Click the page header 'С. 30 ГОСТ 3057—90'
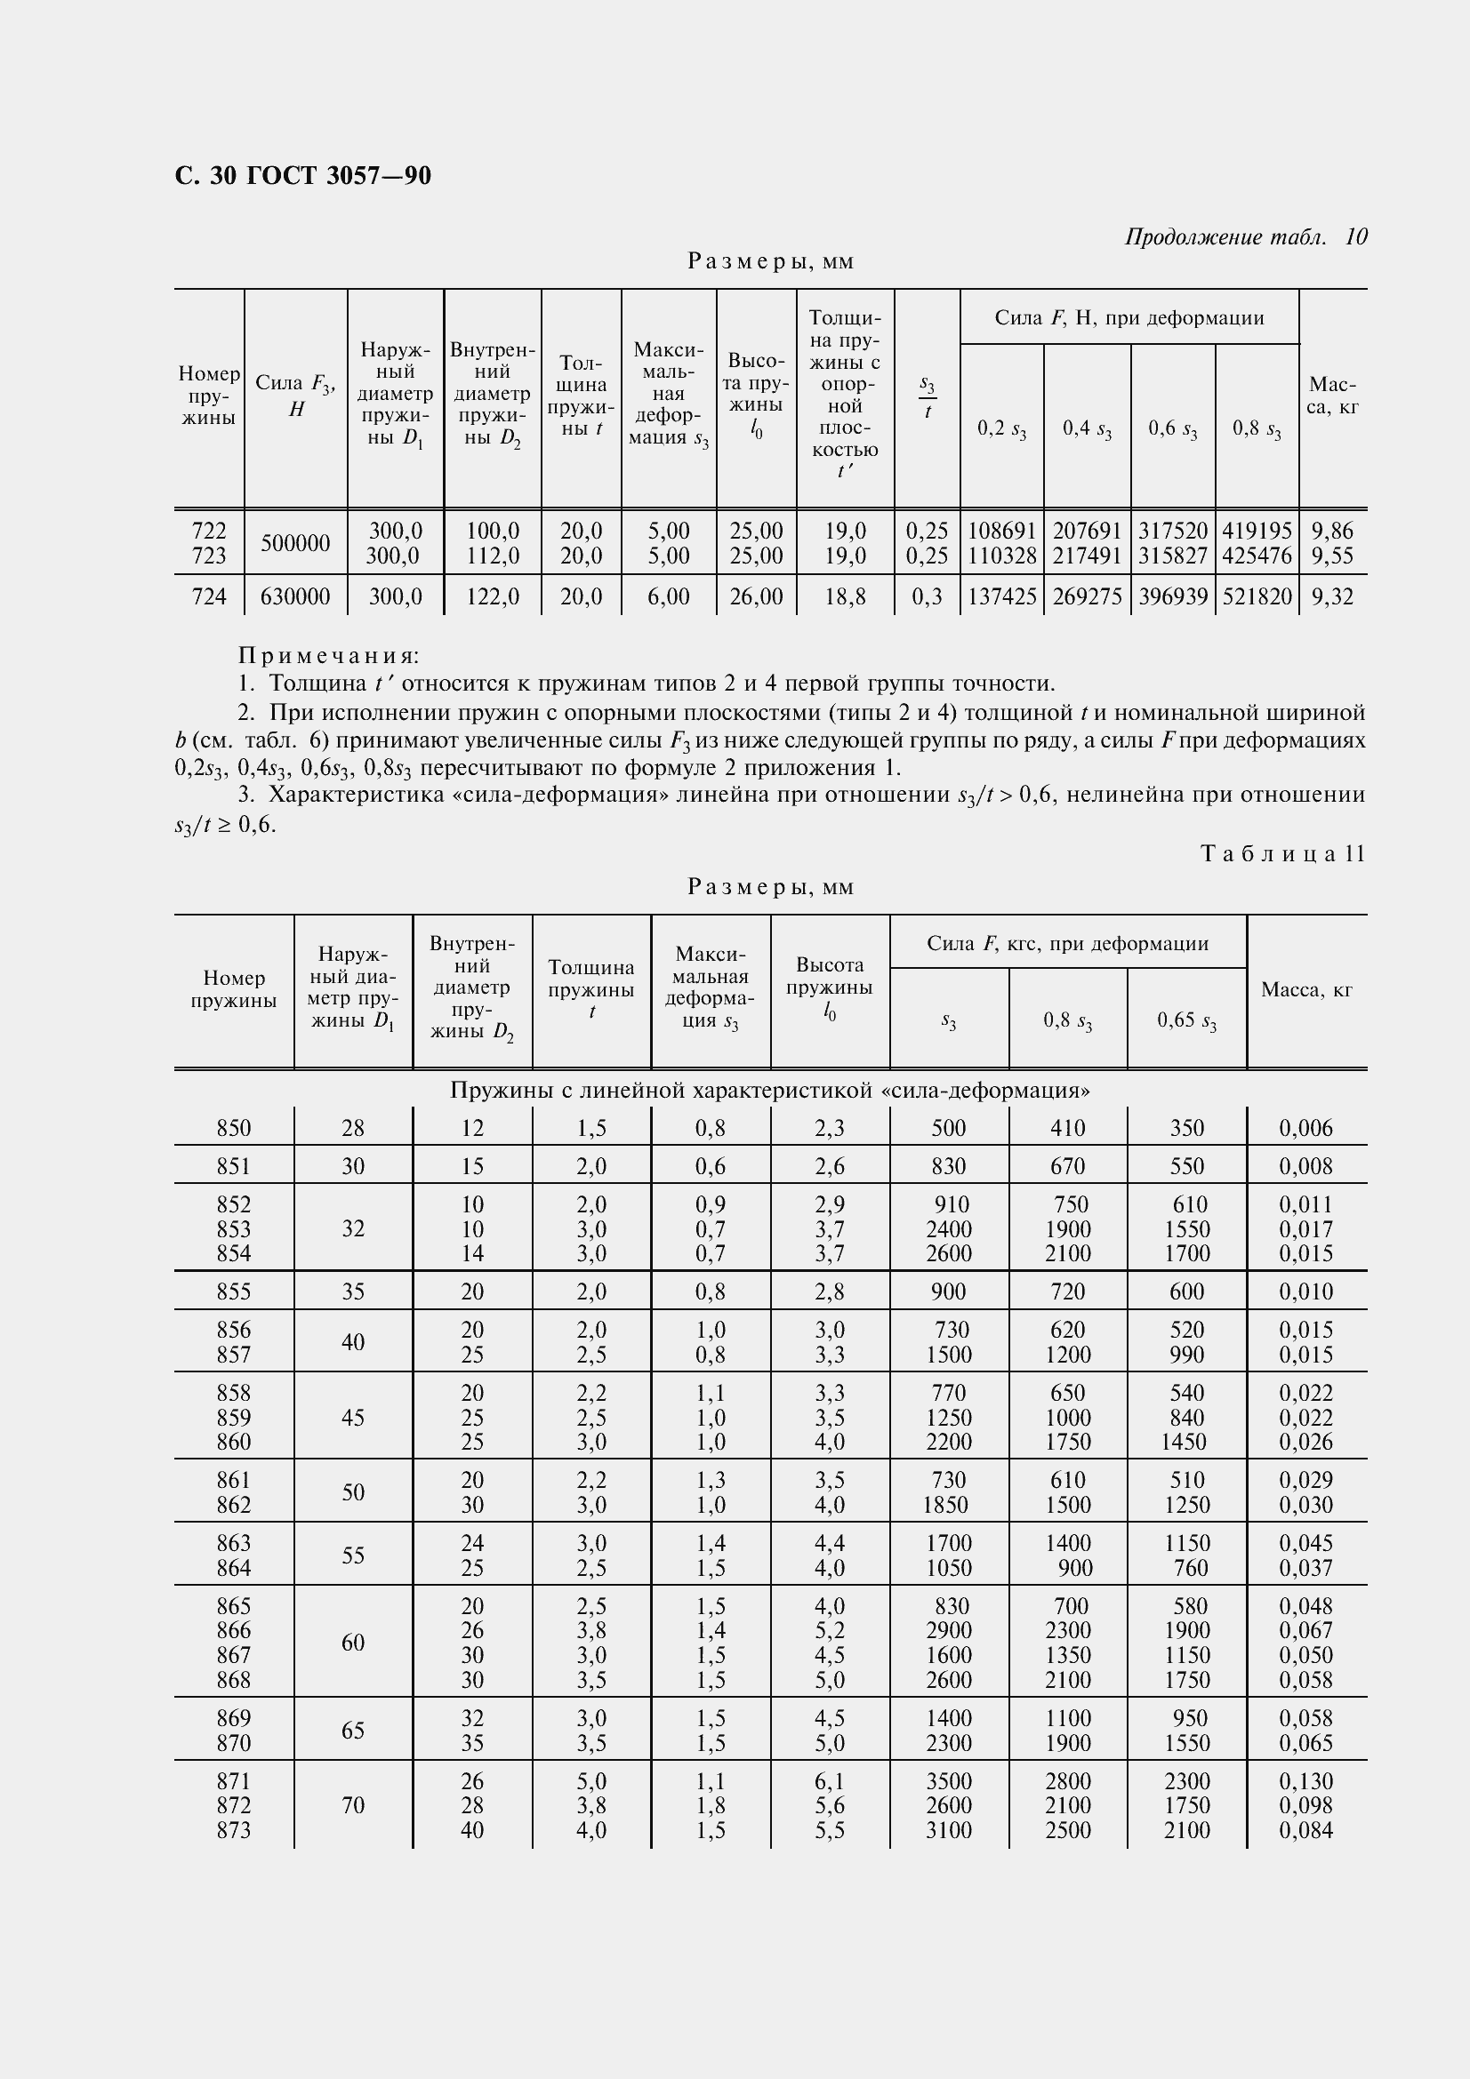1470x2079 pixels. pos(302,176)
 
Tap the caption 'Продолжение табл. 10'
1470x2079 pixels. pos(1245,237)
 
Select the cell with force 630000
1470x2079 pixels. pos(295,596)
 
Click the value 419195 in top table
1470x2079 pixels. pos(1257,531)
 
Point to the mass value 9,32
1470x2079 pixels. pos(1332,596)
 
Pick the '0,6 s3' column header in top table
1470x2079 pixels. pos(1172,429)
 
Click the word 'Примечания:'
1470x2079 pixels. pos(329,656)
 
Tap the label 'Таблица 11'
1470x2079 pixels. pos(1282,854)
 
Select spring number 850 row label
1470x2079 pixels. pos(234,1128)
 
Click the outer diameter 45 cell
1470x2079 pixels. pos(353,1417)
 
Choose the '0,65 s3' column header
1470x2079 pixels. pos(1186,1021)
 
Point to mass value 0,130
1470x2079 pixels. pos(1306,1781)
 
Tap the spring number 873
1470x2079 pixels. pos(234,1830)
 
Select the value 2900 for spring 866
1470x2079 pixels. pos(948,1630)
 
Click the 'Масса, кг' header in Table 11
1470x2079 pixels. pos(1306,990)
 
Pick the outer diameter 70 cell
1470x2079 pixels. pos(353,1805)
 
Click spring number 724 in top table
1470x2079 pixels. pos(209,596)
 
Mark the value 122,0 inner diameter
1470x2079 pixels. pos(492,596)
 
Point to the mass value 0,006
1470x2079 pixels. pos(1306,1128)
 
